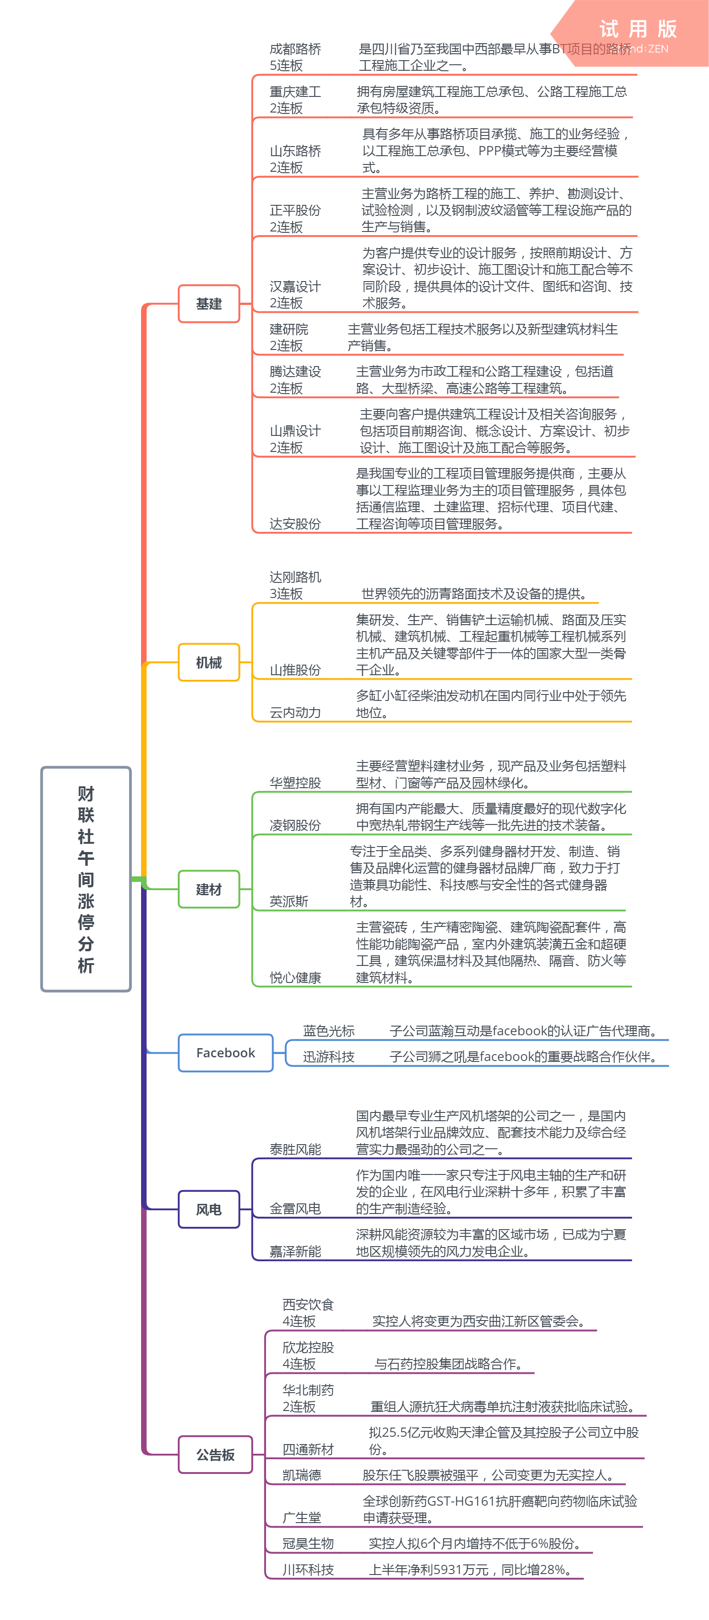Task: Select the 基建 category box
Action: click(209, 304)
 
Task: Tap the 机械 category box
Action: click(209, 662)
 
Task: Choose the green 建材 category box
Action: click(209, 889)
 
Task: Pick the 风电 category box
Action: click(209, 1209)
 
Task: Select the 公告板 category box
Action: click(215, 1455)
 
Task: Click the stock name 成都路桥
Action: click(295, 49)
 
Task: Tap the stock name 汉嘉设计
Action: click(295, 287)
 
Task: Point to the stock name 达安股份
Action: click(295, 524)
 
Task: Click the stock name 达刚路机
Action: click(295, 577)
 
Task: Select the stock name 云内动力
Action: click(295, 712)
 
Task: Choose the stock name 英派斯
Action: click(289, 902)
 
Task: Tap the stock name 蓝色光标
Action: click(329, 1031)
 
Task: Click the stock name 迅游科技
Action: click(329, 1056)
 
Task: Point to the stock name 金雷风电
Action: click(295, 1209)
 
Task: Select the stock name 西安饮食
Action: click(308, 1305)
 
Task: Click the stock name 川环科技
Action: click(308, 1569)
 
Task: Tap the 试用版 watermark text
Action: click(637, 29)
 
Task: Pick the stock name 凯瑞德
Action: click(301, 1475)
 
